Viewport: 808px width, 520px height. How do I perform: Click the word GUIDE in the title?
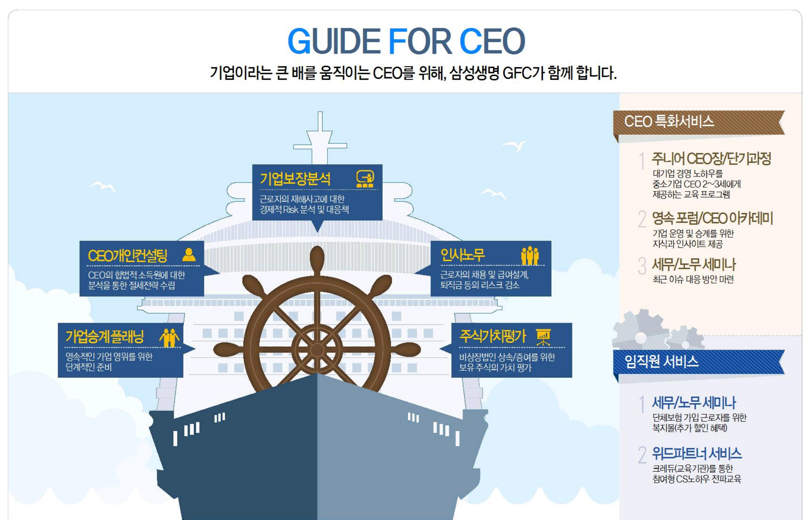(334, 41)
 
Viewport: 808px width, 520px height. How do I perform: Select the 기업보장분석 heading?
(295, 179)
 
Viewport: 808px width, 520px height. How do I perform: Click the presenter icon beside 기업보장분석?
(365, 179)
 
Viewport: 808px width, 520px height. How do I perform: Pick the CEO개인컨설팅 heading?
(128, 255)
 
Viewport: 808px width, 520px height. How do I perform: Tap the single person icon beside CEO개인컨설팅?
(189, 255)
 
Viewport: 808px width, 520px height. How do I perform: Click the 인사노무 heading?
(462, 255)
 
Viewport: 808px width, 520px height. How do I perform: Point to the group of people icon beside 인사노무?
(529, 255)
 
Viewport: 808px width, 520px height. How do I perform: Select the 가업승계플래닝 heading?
(105, 337)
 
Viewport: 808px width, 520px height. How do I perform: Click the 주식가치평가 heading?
(492, 336)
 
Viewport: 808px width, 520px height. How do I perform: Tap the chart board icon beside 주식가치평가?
(543, 337)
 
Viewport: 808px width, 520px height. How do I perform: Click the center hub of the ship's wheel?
(317, 350)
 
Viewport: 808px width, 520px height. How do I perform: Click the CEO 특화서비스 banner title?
(669, 121)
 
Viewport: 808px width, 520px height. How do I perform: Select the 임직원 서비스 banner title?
(661, 362)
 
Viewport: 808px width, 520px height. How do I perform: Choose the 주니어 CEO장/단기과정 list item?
(711, 158)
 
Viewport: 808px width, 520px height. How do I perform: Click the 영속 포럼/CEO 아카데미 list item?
(712, 218)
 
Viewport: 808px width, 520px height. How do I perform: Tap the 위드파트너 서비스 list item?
(697, 454)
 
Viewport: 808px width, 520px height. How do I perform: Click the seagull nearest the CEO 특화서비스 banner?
(515, 145)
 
